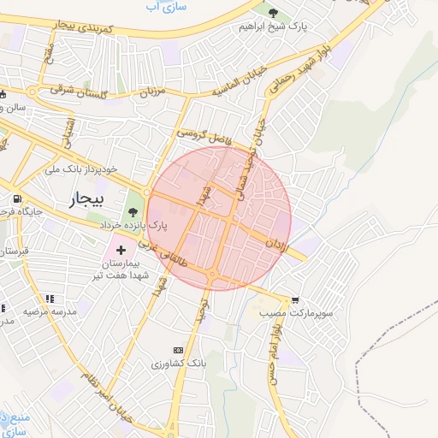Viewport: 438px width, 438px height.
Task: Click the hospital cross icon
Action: (x=121, y=251)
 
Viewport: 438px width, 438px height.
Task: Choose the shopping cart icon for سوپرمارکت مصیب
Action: (x=295, y=300)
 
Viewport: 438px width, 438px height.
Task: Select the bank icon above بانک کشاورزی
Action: (x=178, y=350)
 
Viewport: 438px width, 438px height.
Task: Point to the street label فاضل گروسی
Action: (x=205, y=134)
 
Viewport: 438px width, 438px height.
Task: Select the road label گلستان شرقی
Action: (x=81, y=89)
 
